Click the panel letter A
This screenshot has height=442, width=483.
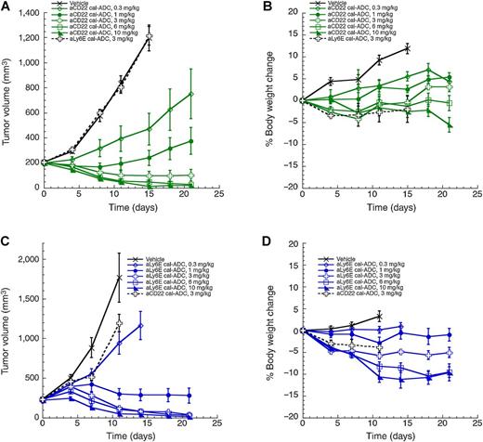[x=7, y=7]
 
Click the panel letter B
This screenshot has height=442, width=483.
[x=254, y=7]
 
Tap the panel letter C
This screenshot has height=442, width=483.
[x=7, y=235]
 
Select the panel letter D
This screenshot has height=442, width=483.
[x=254, y=235]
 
